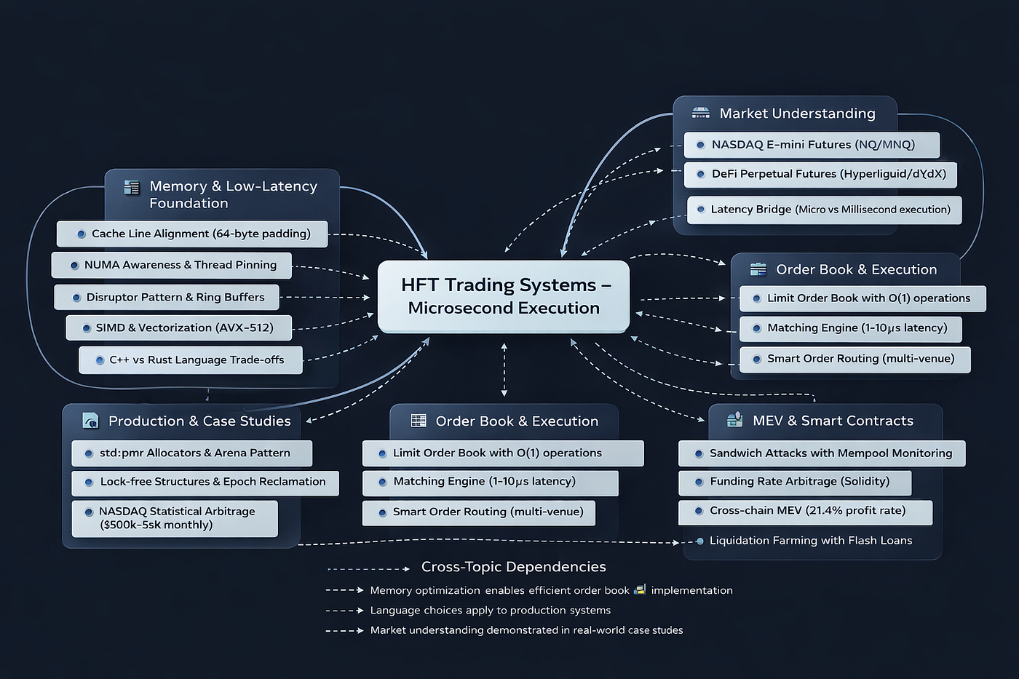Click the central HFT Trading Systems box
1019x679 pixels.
point(503,296)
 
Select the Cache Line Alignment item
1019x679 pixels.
point(192,234)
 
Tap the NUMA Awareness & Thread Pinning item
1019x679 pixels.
point(172,265)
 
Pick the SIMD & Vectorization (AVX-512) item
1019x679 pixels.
point(179,327)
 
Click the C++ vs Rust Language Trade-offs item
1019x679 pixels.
point(191,360)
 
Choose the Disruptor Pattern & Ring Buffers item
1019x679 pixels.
point(167,297)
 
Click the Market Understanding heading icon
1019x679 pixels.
point(700,113)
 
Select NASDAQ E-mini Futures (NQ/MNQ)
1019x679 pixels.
point(812,145)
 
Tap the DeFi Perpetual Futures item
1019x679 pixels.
point(820,174)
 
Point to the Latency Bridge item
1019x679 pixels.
point(824,210)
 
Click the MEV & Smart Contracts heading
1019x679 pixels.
point(833,421)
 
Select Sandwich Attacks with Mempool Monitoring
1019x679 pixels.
point(822,453)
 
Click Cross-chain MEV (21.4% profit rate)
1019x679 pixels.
point(805,511)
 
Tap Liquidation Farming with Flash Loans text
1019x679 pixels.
point(810,541)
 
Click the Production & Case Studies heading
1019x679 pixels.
point(199,421)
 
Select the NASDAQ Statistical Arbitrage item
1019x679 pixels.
point(175,518)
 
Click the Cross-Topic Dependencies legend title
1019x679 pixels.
point(513,567)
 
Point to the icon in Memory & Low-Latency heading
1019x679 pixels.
point(132,188)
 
